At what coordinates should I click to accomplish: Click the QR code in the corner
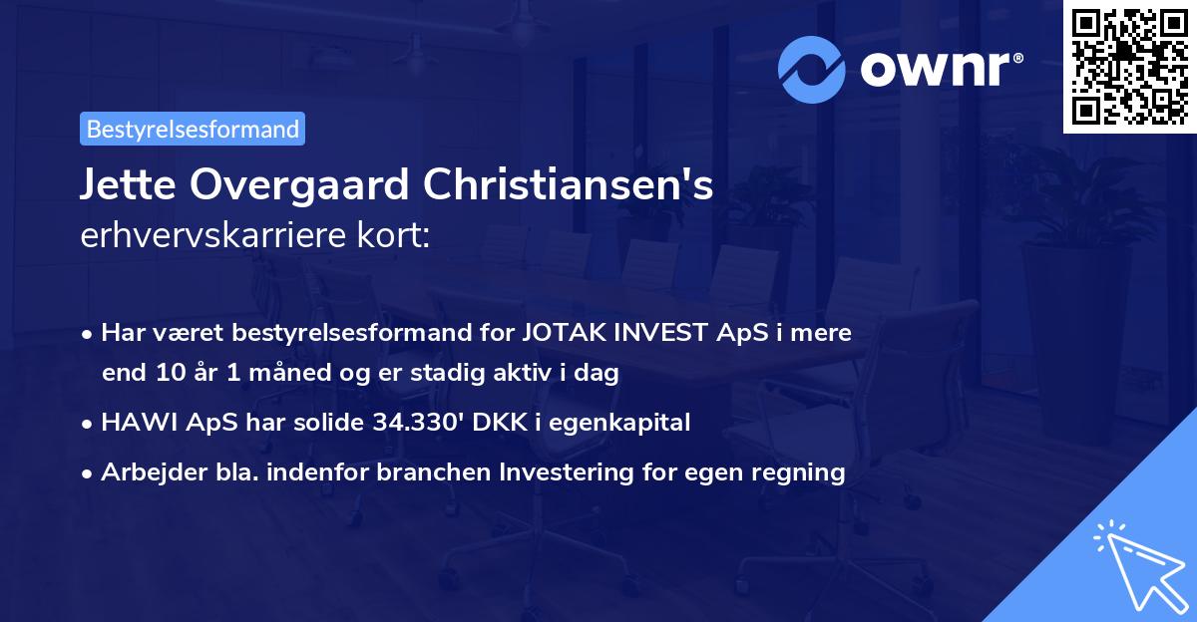(1130, 66)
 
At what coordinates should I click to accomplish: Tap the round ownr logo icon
(810, 70)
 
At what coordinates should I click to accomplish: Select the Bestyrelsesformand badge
(193, 129)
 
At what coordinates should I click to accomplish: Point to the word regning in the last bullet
(805, 472)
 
